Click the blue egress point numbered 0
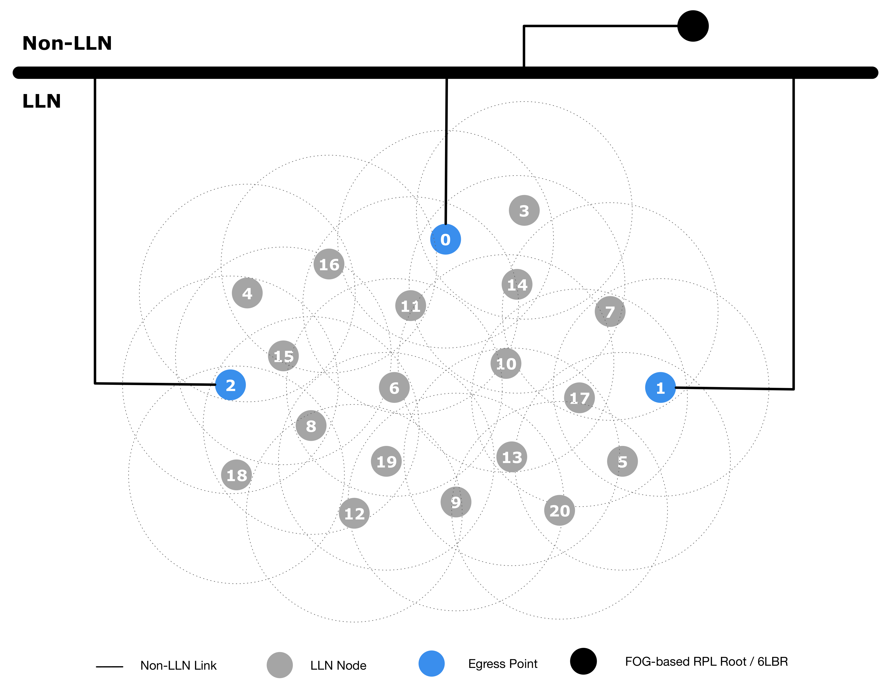tap(445, 240)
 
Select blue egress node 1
tap(660, 388)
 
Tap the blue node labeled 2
tap(230, 385)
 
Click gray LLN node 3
tap(524, 211)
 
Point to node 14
tap(517, 284)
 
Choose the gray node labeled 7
tap(610, 312)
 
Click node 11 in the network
tap(410, 306)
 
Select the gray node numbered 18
tap(236, 475)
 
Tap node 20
tap(559, 511)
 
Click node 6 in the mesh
tap(394, 388)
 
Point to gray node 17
tap(579, 398)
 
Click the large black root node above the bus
tap(693, 26)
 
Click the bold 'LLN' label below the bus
tap(42, 101)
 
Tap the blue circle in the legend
tap(431, 663)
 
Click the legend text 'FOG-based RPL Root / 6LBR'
tap(706, 661)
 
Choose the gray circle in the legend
tap(280, 665)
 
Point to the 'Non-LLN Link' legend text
tap(178, 665)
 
